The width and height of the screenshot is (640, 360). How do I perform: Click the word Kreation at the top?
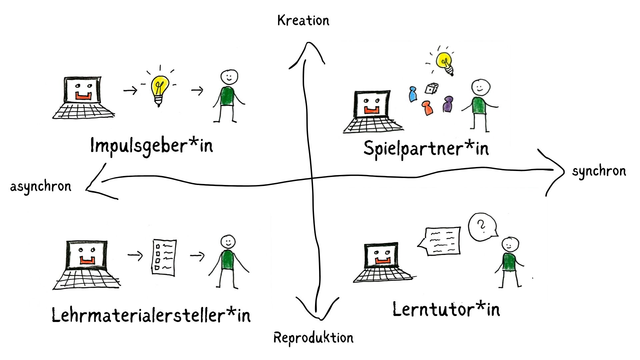[303, 21]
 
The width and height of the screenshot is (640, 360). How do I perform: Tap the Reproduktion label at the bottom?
[313, 338]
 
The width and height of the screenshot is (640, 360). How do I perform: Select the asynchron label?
[41, 186]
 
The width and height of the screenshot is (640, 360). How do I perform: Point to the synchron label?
[599, 171]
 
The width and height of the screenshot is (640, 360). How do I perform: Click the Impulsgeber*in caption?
[151, 146]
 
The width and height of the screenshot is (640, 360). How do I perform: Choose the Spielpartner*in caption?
[426, 148]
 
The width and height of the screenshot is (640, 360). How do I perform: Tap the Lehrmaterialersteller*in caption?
[151, 315]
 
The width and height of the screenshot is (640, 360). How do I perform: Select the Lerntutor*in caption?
[446, 309]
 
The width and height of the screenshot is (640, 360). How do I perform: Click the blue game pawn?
[413, 94]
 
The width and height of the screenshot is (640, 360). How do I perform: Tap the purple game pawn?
[448, 104]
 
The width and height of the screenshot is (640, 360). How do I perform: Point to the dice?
[431, 89]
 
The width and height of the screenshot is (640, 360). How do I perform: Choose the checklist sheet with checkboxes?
[164, 257]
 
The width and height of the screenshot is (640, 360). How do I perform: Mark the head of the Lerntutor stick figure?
[510, 245]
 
